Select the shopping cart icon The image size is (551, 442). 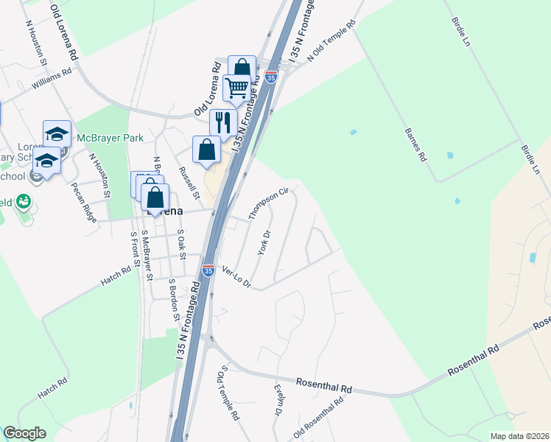(237, 88)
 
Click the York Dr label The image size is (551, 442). (264, 242)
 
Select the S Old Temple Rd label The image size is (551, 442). (228, 394)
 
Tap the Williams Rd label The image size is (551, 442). (52, 80)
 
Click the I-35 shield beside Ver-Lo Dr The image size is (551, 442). (208, 271)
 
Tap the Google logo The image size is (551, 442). (24, 433)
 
